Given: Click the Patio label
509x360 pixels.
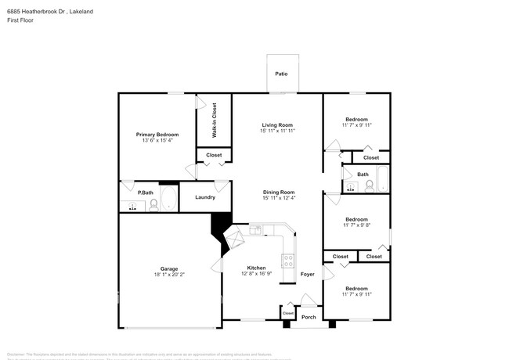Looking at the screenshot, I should point(280,74).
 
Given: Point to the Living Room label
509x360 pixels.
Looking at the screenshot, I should point(277,125).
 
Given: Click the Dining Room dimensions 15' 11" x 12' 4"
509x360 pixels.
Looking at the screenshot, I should point(279,198).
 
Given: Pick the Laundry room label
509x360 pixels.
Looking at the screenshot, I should point(205,197).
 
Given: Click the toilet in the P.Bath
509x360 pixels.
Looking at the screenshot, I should point(153,205).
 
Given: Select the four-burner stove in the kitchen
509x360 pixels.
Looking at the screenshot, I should point(287,261).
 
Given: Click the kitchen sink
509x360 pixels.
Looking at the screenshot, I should point(255,229).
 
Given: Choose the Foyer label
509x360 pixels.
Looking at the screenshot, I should point(307,274).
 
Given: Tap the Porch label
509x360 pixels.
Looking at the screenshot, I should point(309,317).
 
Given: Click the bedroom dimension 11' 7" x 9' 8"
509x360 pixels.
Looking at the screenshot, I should point(356,225).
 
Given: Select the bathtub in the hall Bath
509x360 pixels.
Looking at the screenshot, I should point(381,179).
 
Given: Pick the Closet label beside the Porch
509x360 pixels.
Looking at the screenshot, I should point(287,313).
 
